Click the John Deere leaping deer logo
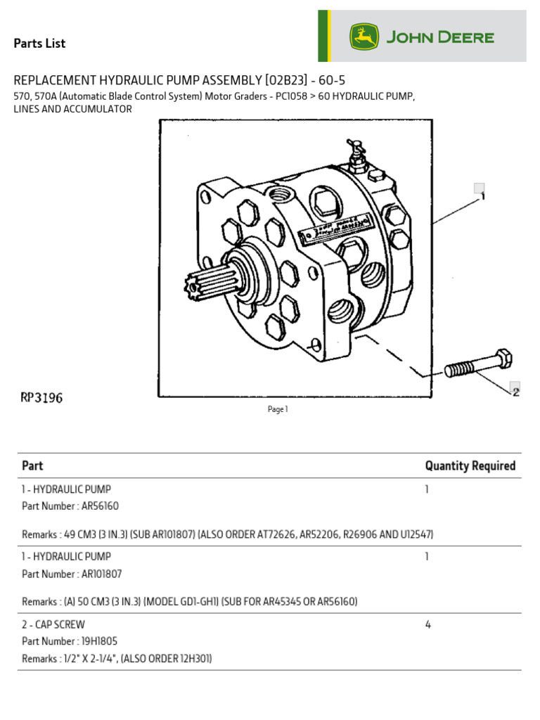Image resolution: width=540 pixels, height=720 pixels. click(x=364, y=37)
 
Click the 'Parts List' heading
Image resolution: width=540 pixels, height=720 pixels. click(x=39, y=44)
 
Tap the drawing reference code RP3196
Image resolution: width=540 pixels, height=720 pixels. click(x=41, y=398)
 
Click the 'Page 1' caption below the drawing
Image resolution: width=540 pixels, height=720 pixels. click(x=278, y=410)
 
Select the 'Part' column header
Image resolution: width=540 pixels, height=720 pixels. click(x=32, y=465)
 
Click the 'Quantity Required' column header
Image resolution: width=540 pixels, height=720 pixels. click(x=470, y=465)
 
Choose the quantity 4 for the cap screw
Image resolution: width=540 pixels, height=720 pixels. click(x=427, y=624)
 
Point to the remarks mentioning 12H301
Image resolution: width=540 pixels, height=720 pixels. click(x=117, y=659)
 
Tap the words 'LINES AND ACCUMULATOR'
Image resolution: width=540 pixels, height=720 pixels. click(x=73, y=110)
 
